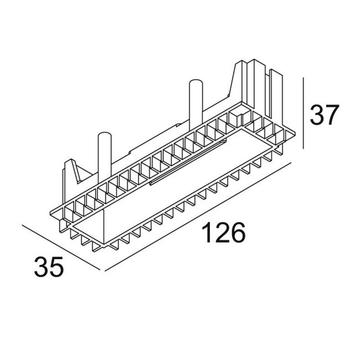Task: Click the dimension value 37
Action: [324, 115]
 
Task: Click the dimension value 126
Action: [223, 232]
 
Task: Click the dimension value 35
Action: [49, 266]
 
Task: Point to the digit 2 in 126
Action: [223, 232]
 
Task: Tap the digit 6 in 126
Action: [238, 232]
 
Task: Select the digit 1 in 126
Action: [207, 232]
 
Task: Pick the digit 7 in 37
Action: [332, 115]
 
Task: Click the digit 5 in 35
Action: [57, 267]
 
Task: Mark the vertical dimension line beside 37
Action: [303, 113]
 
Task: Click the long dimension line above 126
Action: [198, 217]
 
